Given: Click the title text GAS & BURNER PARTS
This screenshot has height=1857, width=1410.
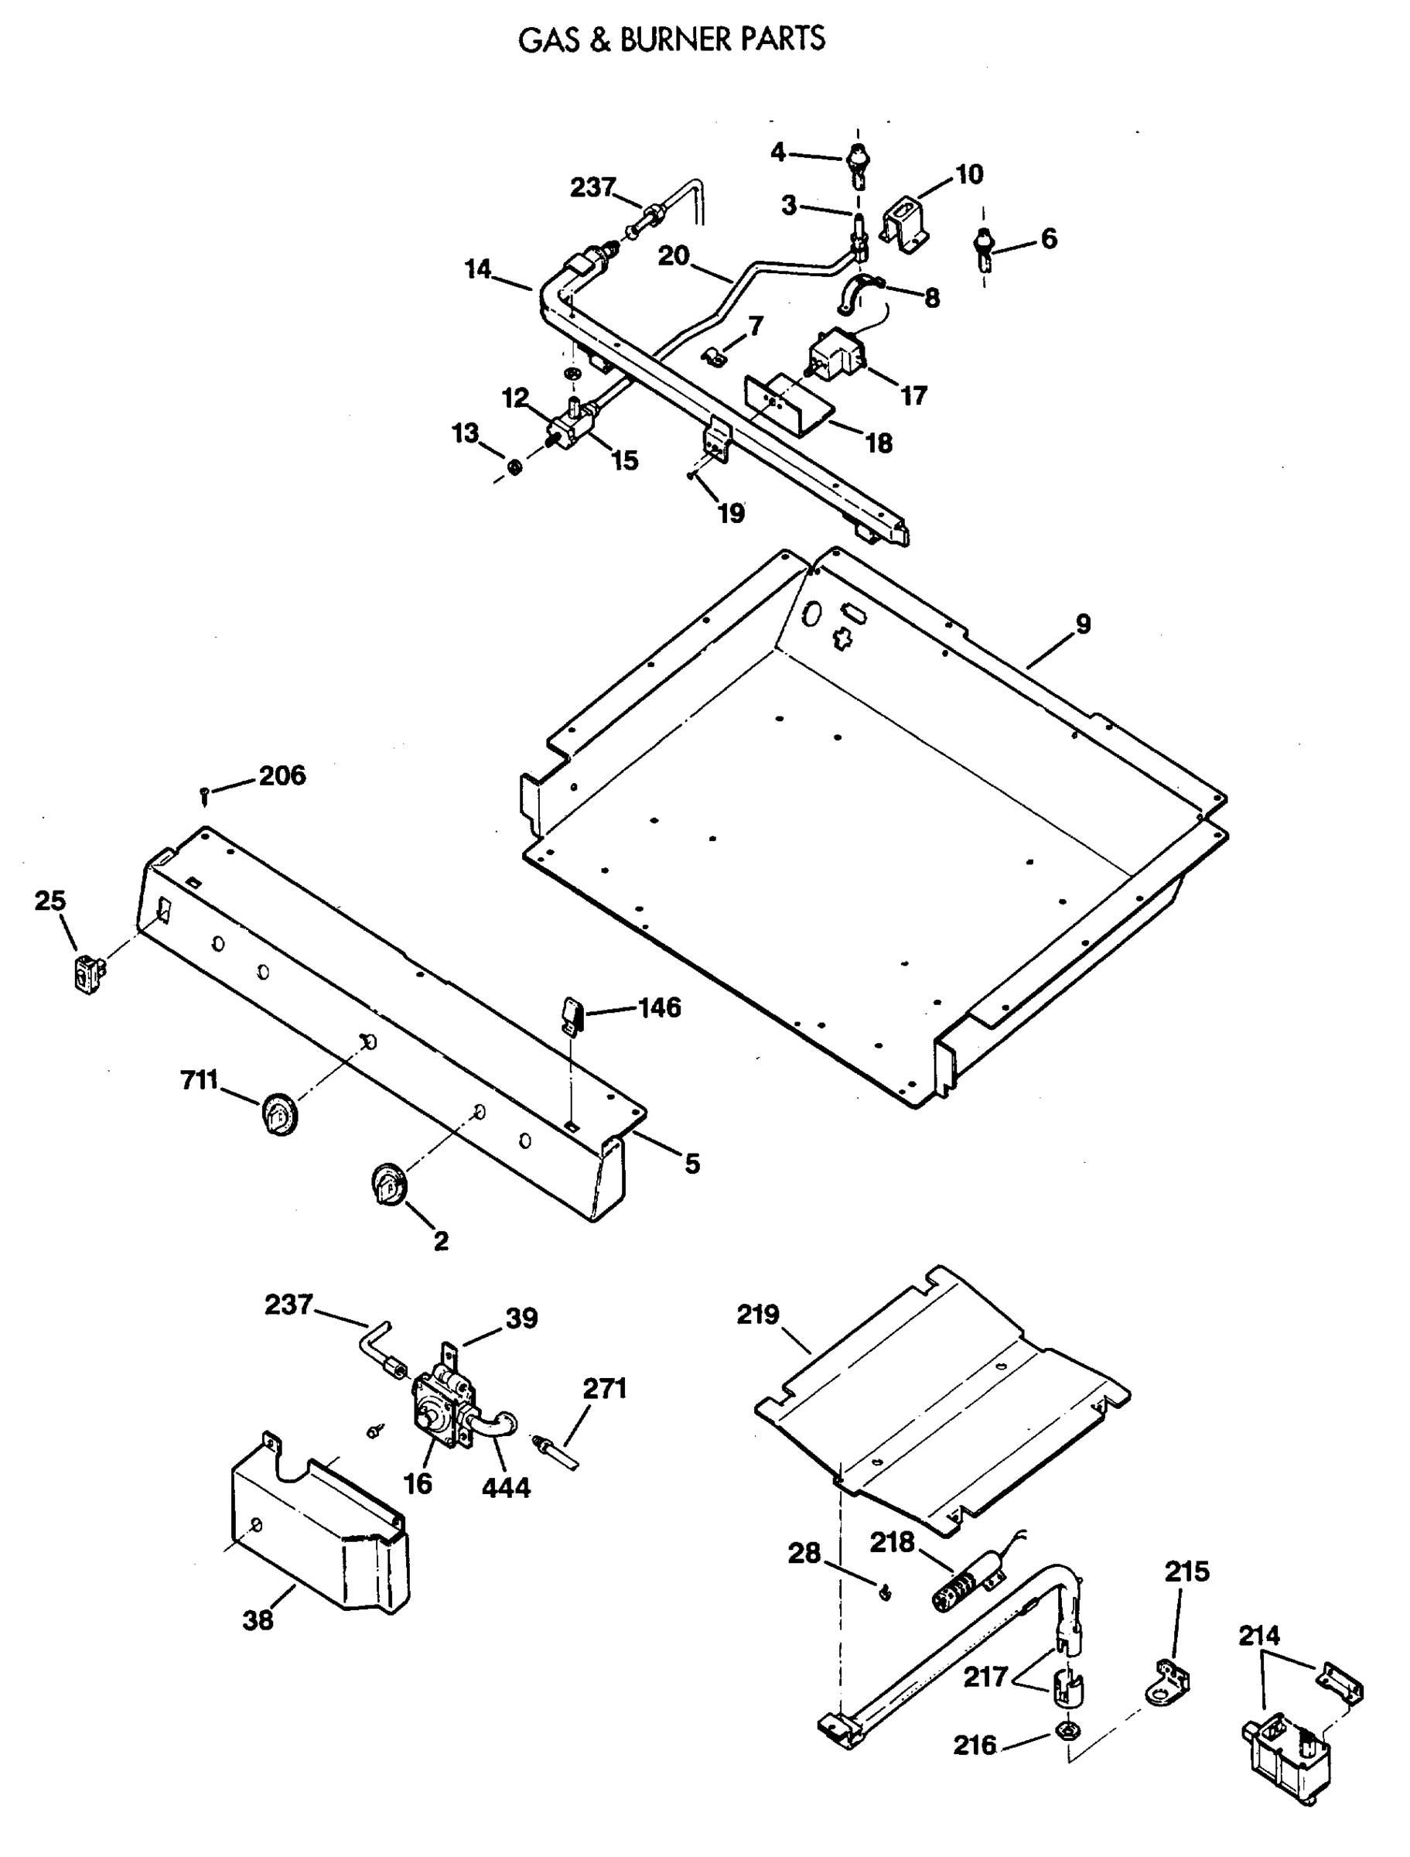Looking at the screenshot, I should pyautogui.click(x=671, y=40).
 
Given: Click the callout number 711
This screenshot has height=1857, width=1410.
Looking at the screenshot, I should pyautogui.click(x=199, y=1079).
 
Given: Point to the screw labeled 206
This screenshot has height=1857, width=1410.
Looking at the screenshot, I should pyautogui.click(x=204, y=795).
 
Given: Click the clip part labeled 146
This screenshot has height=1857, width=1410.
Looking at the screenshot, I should pyautogui.click(x=572, y=1017).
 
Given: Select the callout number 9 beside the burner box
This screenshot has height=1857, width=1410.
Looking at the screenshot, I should pyautogui.click(x=1083, y=624).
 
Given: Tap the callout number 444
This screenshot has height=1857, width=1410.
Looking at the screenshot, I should pyautogui.click(x=506, y=1487).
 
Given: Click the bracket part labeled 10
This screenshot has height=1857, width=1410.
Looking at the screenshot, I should pyautogui.click(x=905, y=220).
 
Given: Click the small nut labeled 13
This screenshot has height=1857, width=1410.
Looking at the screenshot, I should pyautogui.click(x=515, y=466).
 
